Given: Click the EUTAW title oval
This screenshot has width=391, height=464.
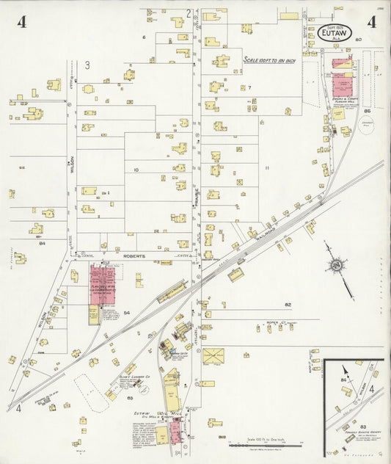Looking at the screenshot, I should tap(336, 32).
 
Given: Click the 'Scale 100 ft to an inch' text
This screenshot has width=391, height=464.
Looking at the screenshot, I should tap(269, 60).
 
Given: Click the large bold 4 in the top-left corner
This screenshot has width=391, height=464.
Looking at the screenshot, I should tap(22, 21).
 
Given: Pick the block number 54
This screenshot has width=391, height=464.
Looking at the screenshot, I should tap(126, 313).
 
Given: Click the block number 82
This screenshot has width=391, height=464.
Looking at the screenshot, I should tap(288, 304).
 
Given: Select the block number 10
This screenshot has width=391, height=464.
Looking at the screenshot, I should tap(136, 170).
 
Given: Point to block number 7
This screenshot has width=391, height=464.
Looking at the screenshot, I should tap(249, 87).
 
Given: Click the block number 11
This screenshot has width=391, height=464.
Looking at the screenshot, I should tap(267, 168).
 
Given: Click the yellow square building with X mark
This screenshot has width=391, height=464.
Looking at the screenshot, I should tap(213, 356).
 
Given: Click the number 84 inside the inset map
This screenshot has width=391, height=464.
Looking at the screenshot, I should tap(343, 381).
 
